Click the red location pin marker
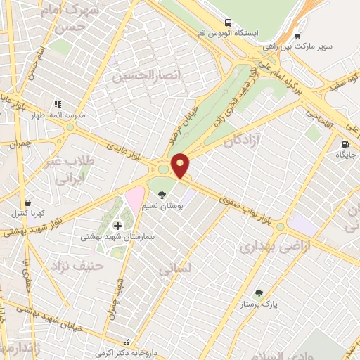tap(181, 166)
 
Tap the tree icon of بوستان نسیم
tap(163, 195)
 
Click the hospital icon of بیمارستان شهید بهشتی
tap(117, 225)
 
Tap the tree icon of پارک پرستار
tap(259, 292)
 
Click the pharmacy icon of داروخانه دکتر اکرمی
tap(127, 342)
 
